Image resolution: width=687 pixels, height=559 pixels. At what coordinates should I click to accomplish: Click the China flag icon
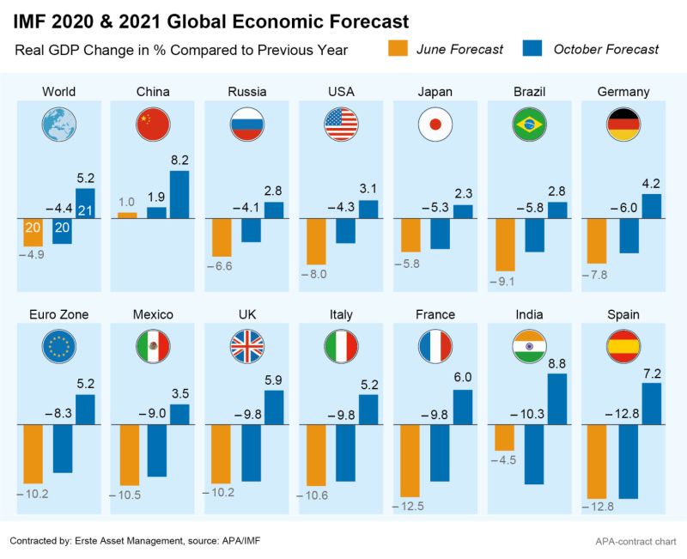coord(151,125)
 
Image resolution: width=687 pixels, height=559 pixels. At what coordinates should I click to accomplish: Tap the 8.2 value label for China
coord(179,160)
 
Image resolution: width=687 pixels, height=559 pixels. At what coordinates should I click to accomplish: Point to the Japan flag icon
coord(435,125)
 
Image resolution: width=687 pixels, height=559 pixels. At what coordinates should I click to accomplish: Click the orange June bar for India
coord(504,438)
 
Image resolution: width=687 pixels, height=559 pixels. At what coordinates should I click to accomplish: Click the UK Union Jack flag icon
coord(246,347)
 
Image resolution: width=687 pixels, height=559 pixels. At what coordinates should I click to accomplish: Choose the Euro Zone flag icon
coord(58,347)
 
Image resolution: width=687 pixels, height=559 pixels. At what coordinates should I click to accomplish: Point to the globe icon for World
coord(58,125)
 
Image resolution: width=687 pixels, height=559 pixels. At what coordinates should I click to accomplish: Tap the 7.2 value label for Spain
coord(652,373)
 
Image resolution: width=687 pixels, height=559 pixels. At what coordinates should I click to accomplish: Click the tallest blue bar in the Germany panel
coord(652,206)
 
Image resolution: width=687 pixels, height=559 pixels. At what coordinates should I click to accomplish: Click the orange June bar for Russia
coord(221,237)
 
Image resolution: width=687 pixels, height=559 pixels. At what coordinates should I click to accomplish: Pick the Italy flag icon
coord(340,347)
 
